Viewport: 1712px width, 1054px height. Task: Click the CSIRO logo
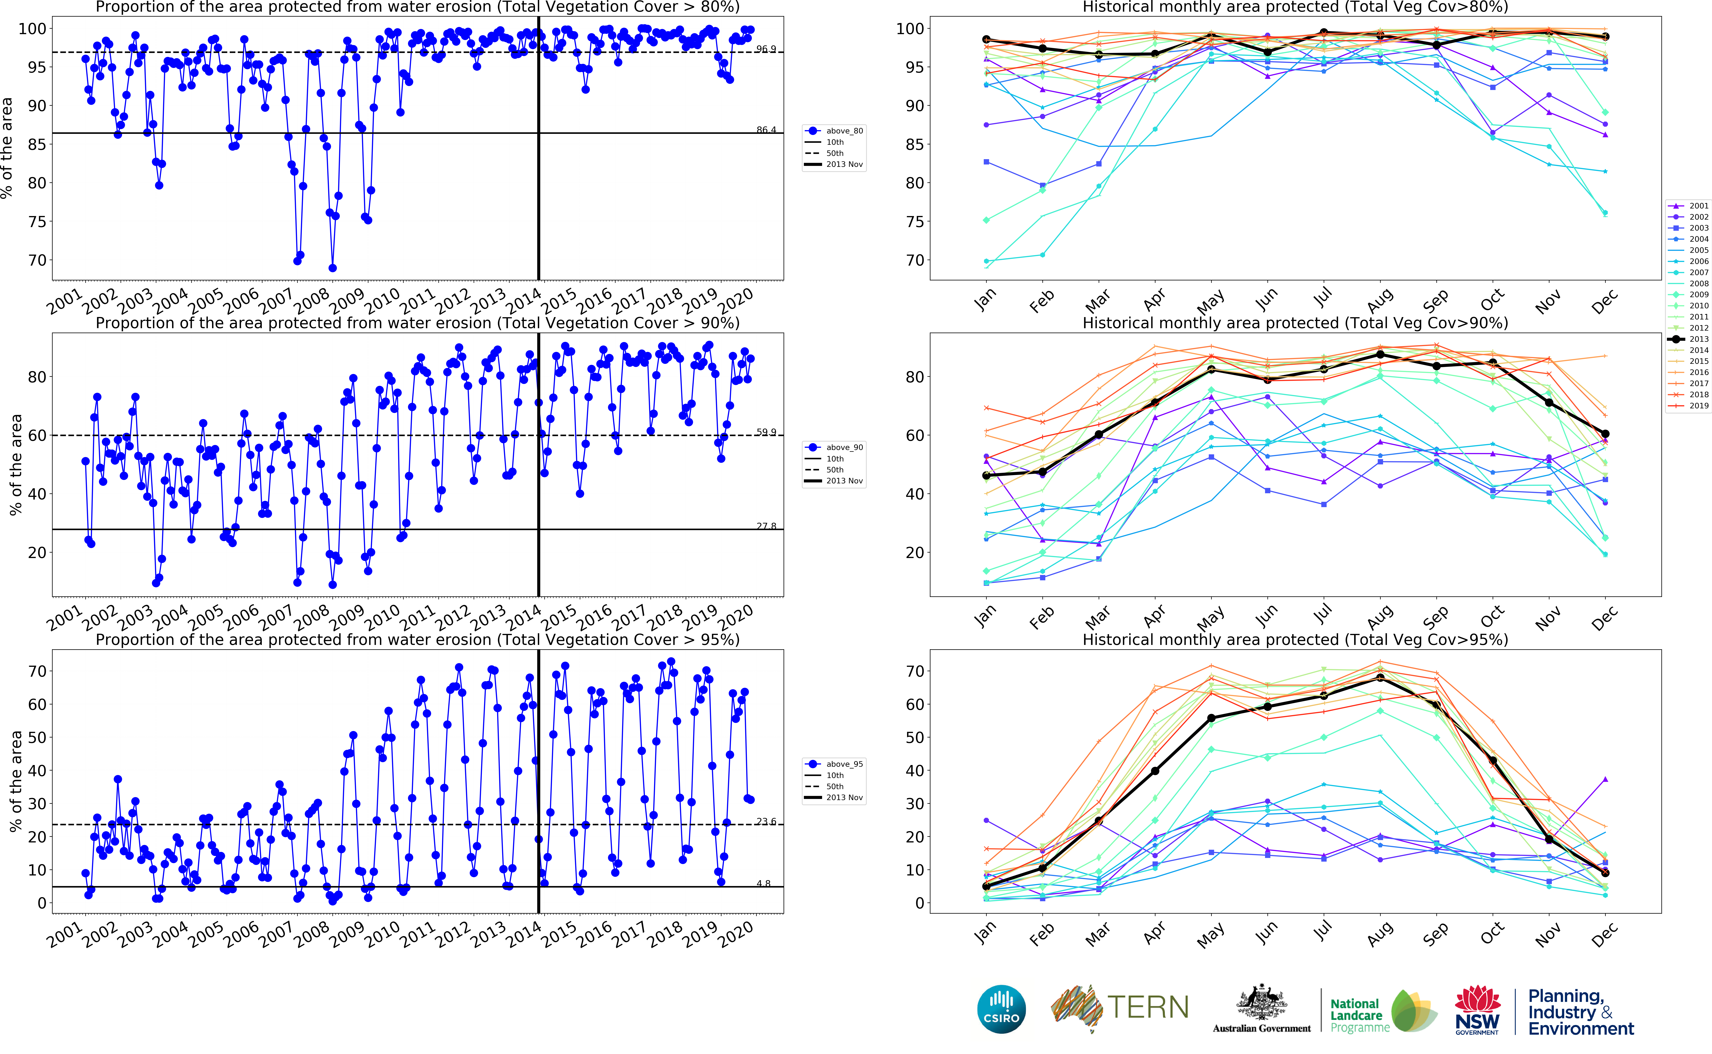[1001, 1009]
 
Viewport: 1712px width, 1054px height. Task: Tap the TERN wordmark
[1148, 1007]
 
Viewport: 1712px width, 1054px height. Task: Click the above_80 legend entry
[835, 131]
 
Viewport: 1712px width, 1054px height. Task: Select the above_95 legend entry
[835, 764]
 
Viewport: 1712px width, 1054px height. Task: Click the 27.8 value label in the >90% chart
[766, 526]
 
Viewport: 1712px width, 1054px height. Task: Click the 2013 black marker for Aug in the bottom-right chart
[1380, 678]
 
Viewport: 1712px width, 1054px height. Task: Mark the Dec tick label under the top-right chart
[1604, 301]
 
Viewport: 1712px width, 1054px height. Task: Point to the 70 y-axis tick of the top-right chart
[910, 260]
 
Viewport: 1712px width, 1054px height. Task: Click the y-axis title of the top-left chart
[7, 148]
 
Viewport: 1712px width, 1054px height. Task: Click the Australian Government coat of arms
[1262, 1004]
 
